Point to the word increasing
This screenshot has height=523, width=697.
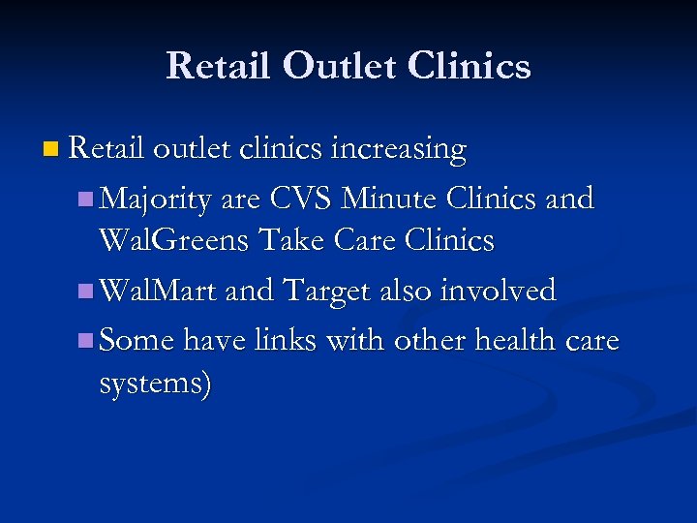[x=399, y=150]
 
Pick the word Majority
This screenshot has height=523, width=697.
[x=156, y=199]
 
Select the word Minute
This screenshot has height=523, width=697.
[x=390, y=199]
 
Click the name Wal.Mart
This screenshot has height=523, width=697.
[x=159, y=291]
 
